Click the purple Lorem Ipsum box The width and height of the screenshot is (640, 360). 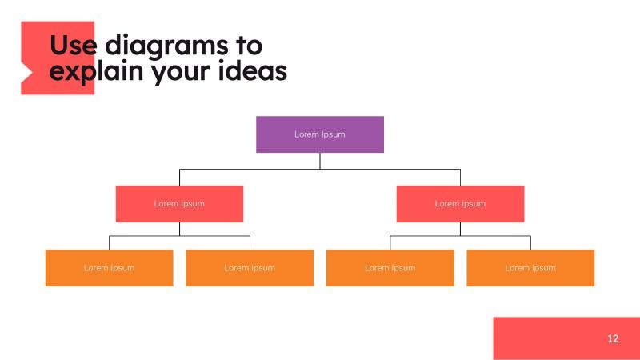(x=320, y=134)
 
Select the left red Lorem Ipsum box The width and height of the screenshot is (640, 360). (x=179, y=204)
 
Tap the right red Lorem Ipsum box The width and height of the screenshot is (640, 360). (x=460, y=204)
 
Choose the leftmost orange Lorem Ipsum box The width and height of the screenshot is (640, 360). (x=109, y=268)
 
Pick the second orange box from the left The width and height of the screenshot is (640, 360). (x=250, y=268)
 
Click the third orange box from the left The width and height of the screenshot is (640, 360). (x=390, y=268)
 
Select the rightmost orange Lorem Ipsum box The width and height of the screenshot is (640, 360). (x=530, y=268)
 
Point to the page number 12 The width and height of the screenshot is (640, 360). (x=613, y=338)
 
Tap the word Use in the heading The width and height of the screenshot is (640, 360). (x=74, y=45)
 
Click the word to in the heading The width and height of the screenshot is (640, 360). (x=246, y=45)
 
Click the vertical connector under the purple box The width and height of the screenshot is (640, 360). (x=320, y=160)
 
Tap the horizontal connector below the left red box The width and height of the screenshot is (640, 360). (x=144, y=236)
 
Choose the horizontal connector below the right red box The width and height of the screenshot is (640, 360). (x=496, y=236)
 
